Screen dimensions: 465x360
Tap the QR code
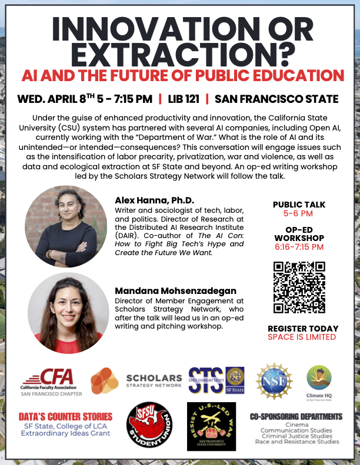pos(299,287)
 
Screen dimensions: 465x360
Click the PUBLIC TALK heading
pos(299,205)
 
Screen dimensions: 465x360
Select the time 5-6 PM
pos(299,214)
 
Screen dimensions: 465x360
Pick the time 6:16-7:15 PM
pos(299,247)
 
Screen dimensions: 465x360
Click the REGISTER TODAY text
pos(303,328)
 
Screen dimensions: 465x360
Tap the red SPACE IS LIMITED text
pos(302,337)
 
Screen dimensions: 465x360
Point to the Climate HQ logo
pos(319,382)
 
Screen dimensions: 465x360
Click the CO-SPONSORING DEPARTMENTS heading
pos(296,416)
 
